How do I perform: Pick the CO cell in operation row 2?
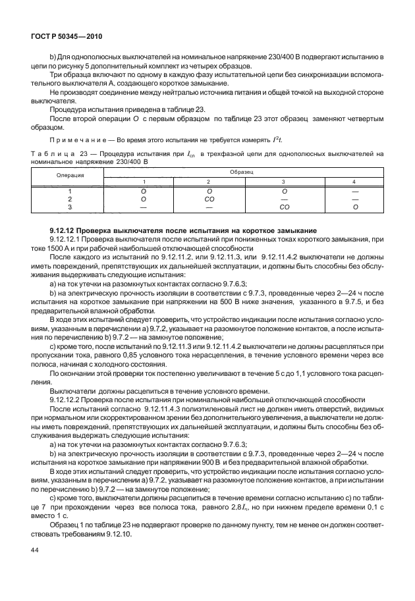point(208,197)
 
